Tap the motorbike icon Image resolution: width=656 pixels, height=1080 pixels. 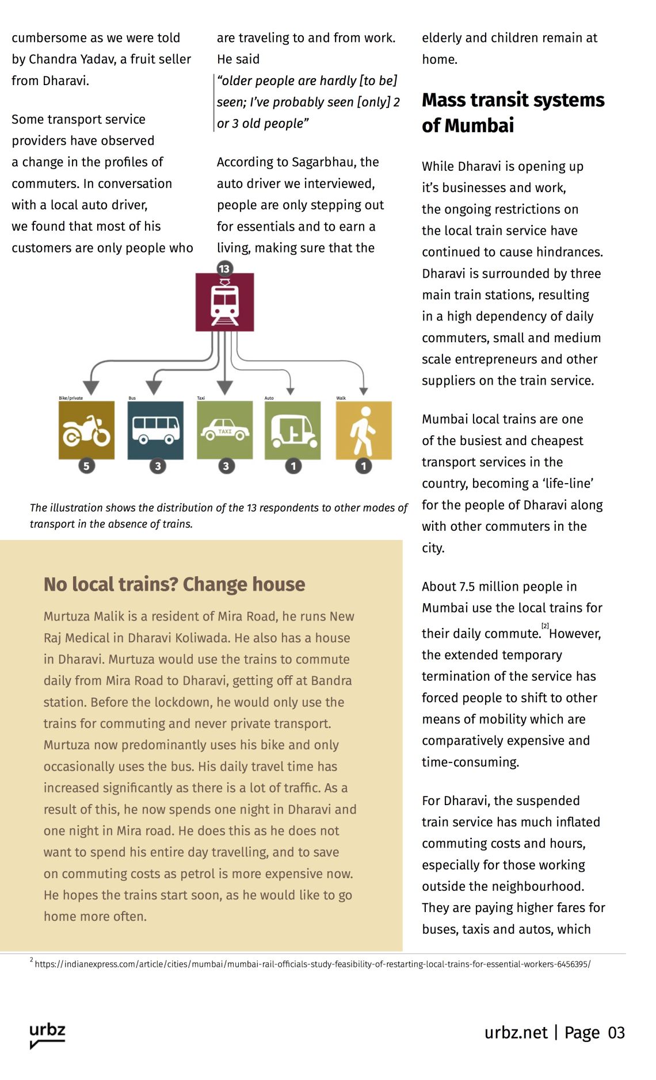coord(86,430)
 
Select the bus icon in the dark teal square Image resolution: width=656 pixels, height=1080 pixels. coord(155,430)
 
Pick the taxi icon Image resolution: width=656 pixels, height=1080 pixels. coord(225,430)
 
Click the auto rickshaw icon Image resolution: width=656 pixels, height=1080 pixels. coord(293,430)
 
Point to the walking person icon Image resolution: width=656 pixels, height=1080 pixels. coord(363,430)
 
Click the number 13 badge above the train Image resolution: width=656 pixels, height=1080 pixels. coord(224,269)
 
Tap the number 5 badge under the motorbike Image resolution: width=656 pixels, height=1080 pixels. coord(86,466)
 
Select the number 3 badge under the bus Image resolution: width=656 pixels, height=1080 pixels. coord(158,466)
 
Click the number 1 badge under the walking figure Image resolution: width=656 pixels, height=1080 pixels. coord(363,466)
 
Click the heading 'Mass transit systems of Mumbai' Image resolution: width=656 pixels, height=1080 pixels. coord(513,113)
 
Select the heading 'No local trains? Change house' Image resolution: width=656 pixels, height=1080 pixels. coord(174,584)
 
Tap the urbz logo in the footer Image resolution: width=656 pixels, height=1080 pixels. coord(47,1035)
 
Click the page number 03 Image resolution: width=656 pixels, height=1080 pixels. coord(616,1033)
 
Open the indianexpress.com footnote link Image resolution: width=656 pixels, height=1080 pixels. coord(312,964)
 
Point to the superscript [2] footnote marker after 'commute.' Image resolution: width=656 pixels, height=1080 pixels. coord(545,626)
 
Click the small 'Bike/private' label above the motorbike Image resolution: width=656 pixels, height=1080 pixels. coord(71,398)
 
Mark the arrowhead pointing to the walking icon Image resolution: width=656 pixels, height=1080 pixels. coord(363,391)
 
